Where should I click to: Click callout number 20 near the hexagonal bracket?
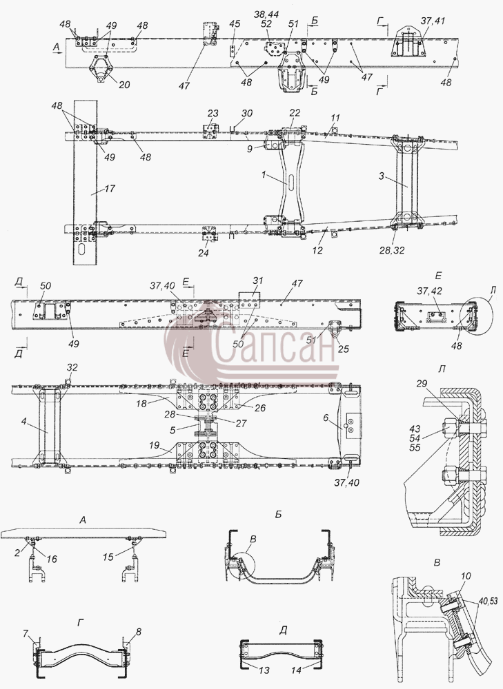tap(124, 83)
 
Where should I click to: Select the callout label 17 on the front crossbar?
tap(110, 189)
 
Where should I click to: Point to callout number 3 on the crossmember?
tap(382, 176)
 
